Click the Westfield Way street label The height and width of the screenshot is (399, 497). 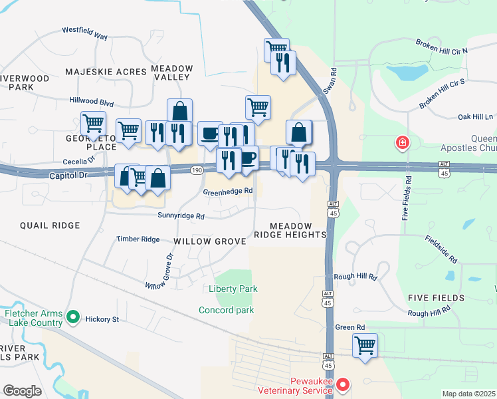click(84, 33)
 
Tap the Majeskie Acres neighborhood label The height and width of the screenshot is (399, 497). click(106, 71)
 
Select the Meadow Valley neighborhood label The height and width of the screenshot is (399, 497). click(172, 72)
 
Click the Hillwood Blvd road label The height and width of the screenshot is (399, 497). click(92, 103)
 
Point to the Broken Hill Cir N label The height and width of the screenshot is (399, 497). click(442, 46)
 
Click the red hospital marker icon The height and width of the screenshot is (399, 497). click(402, 142)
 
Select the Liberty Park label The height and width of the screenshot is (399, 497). click(233, 289)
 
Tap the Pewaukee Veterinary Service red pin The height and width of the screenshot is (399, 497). click(343, 384)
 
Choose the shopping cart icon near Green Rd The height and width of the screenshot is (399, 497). click(365, 345)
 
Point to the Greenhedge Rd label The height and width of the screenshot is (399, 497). click(228, 191)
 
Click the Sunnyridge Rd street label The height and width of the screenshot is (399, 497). click(181, 215)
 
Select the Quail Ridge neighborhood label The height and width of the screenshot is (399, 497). click(50, 225)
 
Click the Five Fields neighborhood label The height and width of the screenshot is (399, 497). click(437, 297)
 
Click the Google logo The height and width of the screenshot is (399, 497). click(22, 390)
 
